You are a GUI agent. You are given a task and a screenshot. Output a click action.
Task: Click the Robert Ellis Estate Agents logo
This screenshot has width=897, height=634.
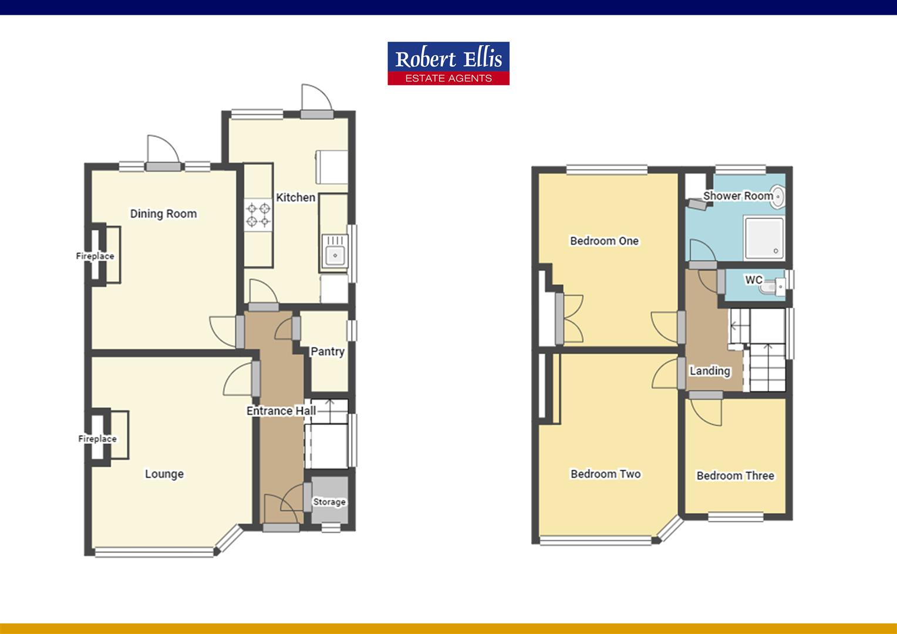(x=448, y=63)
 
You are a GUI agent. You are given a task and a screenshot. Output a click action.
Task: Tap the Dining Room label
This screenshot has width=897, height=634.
(x=163, y=214)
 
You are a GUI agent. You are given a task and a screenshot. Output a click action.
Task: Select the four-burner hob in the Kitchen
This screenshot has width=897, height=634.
(x=258, y=214)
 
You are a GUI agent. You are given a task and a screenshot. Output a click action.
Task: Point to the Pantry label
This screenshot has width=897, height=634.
(x=328, y=351)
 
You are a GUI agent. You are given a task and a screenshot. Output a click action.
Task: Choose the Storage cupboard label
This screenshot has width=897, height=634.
(x=329, y=502)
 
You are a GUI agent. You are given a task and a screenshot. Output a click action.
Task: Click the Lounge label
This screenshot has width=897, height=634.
(x=164, y=474)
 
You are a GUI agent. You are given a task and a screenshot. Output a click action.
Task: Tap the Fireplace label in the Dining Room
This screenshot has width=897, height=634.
(x=95, y=256)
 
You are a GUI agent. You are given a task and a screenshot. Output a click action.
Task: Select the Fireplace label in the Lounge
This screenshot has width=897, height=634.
(x=97, y=439)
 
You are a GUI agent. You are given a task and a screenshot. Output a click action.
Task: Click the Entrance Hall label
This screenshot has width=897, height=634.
(x=281, y=411)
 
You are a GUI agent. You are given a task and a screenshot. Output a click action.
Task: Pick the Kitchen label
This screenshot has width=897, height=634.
(x=296, y=197)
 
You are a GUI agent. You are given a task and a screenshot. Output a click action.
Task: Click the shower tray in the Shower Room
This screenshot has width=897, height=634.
(x=764, y=238)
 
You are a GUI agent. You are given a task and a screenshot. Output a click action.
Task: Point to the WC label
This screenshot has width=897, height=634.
(x=754, y=280)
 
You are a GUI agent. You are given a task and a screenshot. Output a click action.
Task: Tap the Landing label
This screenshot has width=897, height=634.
(x=710, y=371)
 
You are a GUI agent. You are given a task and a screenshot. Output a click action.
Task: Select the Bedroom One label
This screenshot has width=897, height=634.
(x=604, y=241)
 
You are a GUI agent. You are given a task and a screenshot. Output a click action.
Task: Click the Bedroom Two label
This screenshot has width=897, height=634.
(x=605, y=474)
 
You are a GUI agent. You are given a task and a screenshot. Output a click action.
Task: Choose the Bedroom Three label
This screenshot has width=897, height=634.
(x=735, y=475)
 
